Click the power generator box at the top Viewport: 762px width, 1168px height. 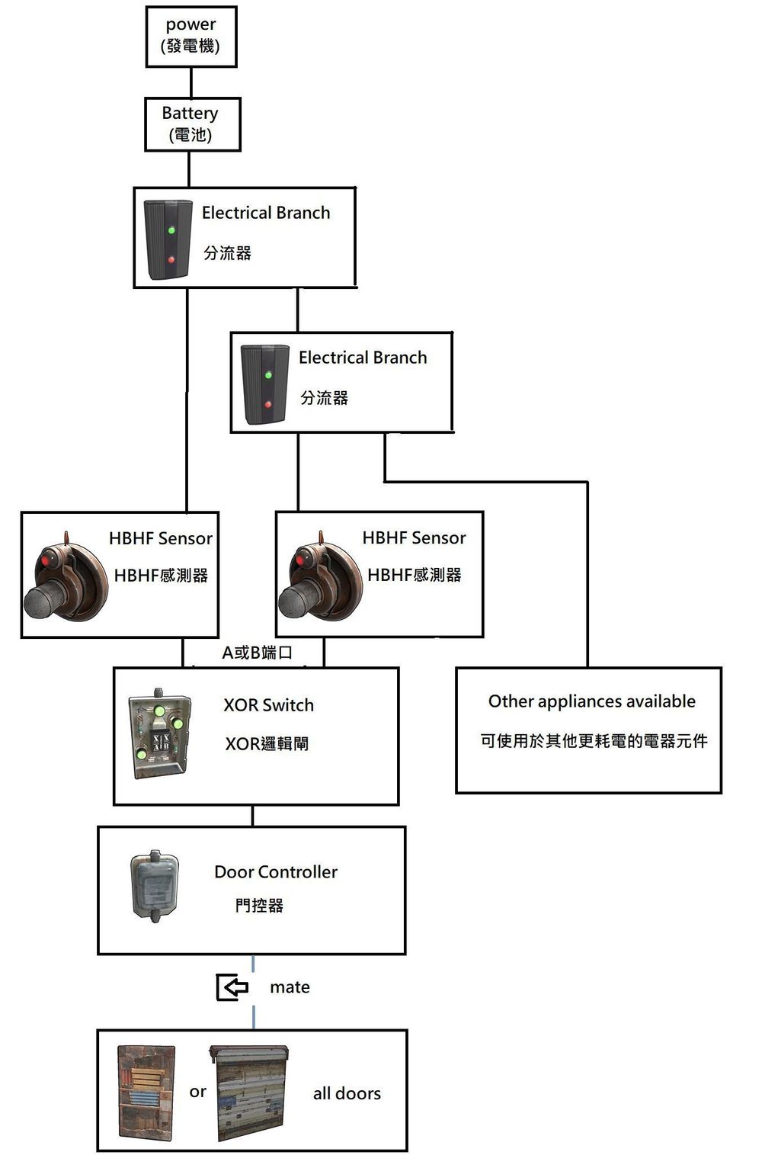tap(191, 37)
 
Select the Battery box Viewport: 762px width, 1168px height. tap(192, 124)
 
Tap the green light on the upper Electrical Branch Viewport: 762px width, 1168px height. tap(171, 230)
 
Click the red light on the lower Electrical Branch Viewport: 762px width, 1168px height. tap(267, 404)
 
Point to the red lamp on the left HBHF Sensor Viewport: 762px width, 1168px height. tap(45, 560)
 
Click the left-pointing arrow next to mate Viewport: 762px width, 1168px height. tap(232, 987)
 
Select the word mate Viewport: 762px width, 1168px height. tap(290, 987)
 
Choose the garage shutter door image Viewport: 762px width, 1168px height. tap(250, 1093)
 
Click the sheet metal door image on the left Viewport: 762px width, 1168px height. tap(146, 1093)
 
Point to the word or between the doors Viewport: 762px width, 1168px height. tap(197, 1092)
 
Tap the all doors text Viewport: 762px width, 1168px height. tap(347, 1093)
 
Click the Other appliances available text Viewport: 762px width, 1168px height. tap(591, 701)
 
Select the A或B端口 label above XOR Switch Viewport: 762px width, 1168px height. tap(257, 653)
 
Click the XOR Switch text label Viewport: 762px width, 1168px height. tap(268, 705)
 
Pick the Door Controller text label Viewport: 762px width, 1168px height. tap(276, 872)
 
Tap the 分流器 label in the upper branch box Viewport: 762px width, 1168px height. tap(227, 253)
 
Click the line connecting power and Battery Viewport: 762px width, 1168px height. tap(190, 82)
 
